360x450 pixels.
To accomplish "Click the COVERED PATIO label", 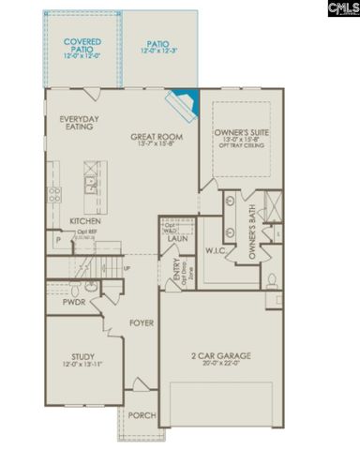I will point(82,46).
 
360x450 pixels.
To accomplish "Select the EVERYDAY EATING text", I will point(76,123).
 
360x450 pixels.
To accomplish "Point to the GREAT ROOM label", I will point(156,138).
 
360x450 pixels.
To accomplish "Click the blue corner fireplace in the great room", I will point(181,100).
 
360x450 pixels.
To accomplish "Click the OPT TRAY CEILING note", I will point(241,151).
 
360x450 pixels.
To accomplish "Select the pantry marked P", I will point(58,241).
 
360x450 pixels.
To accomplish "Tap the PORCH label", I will point(142,416).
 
